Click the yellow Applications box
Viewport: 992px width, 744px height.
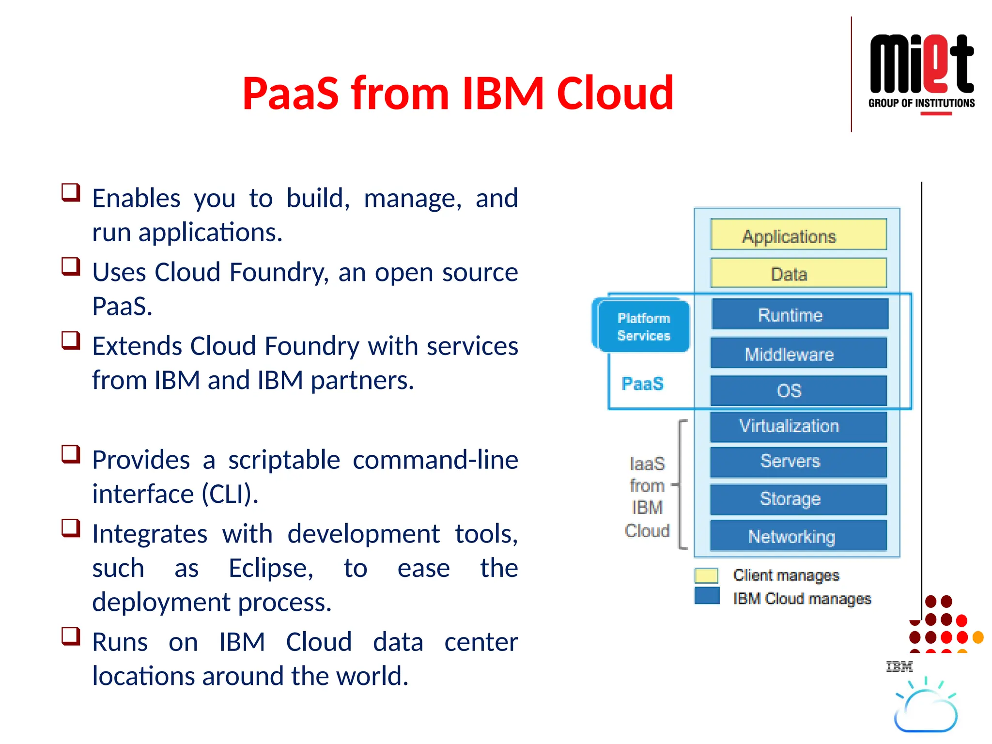coord(798,235)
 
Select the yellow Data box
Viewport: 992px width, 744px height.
coord(798,273)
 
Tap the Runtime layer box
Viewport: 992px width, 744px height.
coord(799,314)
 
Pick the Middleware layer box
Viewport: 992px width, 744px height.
coord(798,353)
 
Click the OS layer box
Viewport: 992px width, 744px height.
coord(798,390)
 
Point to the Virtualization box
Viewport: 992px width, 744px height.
coord(798,426)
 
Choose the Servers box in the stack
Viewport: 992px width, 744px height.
coord(798,461)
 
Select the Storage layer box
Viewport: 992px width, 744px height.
coord(798,499)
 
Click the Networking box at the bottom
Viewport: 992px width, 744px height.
coord(798,536)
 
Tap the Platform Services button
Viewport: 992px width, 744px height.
coord(643,326)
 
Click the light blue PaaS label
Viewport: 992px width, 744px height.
coord(642,384)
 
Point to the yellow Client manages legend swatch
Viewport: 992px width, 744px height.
coord(706,575)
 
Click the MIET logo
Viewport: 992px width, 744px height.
coord(921,73)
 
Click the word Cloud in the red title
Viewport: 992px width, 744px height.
coord(615,93)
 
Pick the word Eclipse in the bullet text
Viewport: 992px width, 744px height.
coord(271,568)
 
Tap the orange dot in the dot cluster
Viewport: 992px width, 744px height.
coord(978,637)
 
